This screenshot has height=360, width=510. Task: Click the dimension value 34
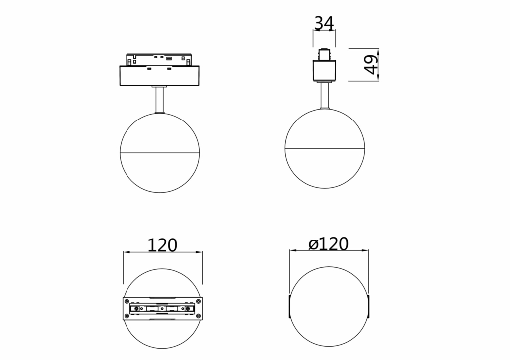(324, 23)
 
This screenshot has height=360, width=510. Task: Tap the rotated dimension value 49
(371, 64)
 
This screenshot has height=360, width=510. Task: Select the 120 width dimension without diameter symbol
(162, 245)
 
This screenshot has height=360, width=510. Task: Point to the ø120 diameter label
(328, 244)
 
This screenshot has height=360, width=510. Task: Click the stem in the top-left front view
(160, 100)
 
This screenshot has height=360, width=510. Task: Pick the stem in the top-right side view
(325, 96)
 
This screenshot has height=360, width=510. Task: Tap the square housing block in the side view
(324, 70)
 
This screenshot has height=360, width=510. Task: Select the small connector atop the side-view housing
(324, 54)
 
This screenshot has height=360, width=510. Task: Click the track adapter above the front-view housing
(160, 58)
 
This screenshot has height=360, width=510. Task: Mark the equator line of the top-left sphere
(160, 152)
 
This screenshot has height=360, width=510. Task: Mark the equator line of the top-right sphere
(325, 149)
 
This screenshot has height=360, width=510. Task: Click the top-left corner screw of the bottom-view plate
(127, 300)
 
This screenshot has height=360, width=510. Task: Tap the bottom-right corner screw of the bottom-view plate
(198, 318)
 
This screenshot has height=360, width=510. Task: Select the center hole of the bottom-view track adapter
(162, 309)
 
